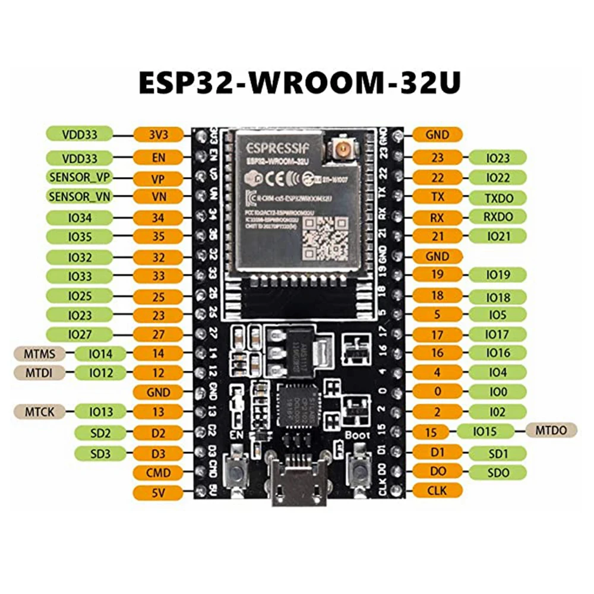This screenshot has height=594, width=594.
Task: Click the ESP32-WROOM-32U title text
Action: click(299, 83)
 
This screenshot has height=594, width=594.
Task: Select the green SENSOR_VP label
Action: click(80, 178)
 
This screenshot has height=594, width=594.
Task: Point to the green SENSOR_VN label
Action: click(80, 197)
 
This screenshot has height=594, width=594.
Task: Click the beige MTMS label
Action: click(40, 355)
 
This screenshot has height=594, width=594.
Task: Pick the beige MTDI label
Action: click(40, 373)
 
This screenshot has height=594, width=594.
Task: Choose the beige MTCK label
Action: click(40, 410)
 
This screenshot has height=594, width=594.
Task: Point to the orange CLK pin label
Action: click(437, 491)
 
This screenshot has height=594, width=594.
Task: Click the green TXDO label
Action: click(498, 198)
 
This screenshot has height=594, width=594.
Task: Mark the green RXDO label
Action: click(498, 217)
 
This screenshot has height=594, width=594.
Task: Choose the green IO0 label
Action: click(498, 391)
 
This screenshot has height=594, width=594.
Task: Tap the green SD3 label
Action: click(101, 454)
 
